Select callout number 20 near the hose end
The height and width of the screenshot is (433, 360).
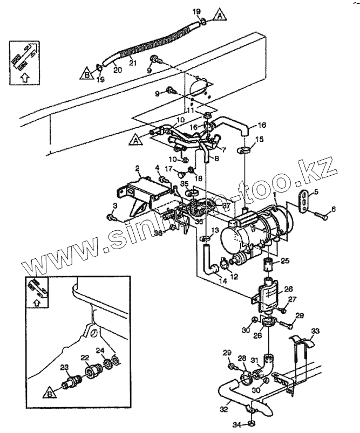pyautogui.click(x=117, y=70)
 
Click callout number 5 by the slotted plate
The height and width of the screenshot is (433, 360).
pyautogui.click(x=316, y=191)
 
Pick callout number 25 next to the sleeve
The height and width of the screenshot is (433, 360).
pyautogui.click(x=285, y=261)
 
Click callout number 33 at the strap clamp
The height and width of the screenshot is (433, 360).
pyautogui.click(x=315, y=331)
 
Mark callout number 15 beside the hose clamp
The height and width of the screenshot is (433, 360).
pyautogui.click(x=259, y=140)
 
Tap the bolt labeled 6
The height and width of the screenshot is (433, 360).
pyautogui.click(x=318, y=217)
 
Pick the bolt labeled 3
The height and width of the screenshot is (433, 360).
pyautogui.click(x=112, y=217)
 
